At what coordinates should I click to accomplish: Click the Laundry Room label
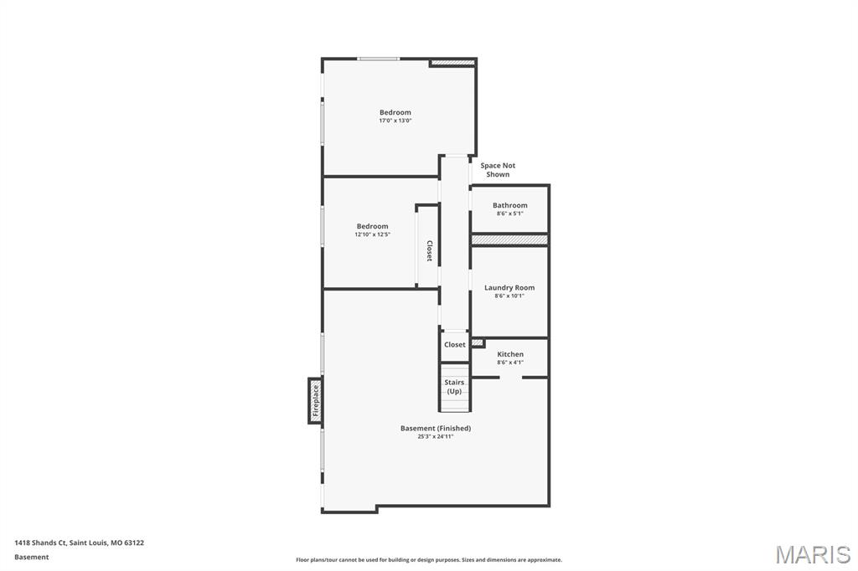(509, 287)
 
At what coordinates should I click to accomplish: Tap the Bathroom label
(509, 205)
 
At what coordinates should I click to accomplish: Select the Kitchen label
(509, 354)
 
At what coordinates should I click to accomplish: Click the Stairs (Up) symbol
(454, 388)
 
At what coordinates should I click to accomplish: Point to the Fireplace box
(315, 400)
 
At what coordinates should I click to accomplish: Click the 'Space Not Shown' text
(498, 170)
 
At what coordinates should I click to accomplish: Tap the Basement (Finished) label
(435, 428)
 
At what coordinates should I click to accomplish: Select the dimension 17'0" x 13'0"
(395, 121)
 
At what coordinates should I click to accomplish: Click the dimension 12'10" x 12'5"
(372, 234)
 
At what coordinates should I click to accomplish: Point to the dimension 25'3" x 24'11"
(435, 436)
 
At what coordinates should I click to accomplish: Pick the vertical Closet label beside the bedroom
(429, 251)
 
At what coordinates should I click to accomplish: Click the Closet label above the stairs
(454, 344)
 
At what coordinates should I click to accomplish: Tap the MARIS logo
(812, 553)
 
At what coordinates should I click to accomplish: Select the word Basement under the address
(32, 557)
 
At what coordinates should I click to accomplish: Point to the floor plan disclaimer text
(428, 560)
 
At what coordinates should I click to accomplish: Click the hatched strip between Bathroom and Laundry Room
(509, 239)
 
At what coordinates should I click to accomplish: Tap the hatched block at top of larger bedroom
(452, 62)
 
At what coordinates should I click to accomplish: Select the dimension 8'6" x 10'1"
(509, 296)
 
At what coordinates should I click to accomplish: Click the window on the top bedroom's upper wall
(378, 59)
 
